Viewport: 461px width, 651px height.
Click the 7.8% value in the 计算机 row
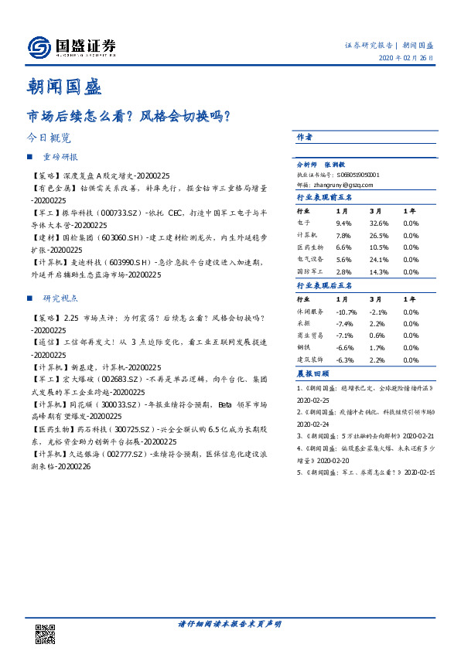coord(343,235)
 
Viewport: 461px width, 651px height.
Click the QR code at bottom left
coord(46,634)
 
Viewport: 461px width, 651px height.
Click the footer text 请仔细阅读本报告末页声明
coord(230,624)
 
